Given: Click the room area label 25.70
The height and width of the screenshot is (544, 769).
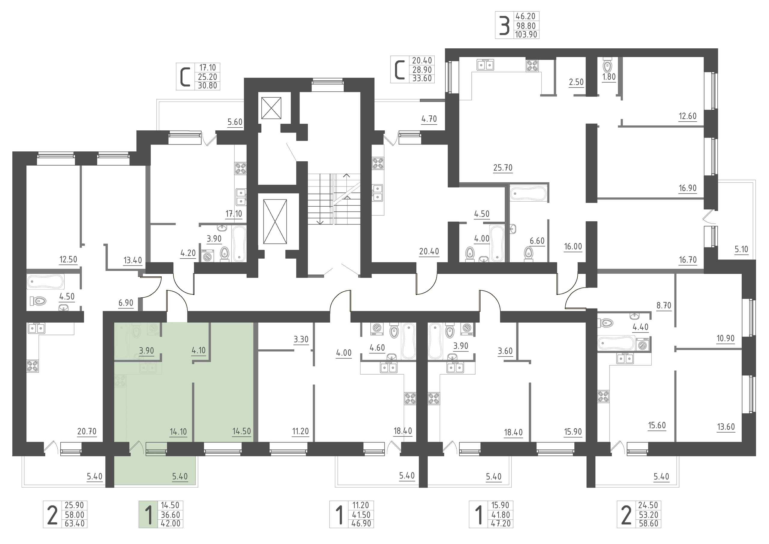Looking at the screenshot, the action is click(503, 168).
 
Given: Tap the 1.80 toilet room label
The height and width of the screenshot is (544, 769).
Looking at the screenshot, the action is click(609, 77).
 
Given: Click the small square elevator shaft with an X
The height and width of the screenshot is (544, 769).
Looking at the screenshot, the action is click(271, 108).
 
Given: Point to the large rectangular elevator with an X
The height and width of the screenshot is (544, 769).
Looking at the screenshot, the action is click(275, 221).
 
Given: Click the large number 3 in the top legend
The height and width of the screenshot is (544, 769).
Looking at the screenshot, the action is click(504, 26).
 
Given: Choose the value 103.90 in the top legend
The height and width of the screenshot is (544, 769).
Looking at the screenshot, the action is click(526, 35).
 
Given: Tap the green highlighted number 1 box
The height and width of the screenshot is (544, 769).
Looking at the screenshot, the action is click(148, 515).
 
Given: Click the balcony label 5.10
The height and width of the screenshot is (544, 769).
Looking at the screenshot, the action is click(741, 249).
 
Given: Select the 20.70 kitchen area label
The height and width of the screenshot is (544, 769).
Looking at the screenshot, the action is click(87, 431).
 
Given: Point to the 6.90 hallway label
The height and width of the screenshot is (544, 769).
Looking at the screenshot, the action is click(126, 303).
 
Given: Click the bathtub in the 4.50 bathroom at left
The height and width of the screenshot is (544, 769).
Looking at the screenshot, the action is click(45, 282).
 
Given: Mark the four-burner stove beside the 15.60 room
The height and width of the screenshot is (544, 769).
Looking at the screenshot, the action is click(603, 397).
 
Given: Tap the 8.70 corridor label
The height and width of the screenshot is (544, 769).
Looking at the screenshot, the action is click(664, 305).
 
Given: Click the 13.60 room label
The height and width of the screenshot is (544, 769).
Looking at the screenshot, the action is click(726, 427).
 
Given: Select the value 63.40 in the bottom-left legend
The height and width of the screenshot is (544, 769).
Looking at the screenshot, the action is click(74, 523).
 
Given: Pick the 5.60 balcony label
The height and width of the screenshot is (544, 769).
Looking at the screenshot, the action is click(235, 122).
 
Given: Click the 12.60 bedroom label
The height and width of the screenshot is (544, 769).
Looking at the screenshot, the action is click(688, 116).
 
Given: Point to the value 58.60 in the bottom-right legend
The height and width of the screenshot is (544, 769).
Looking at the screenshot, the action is click(649, 523).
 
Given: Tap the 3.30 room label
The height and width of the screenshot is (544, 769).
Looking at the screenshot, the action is click(301, 340).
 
